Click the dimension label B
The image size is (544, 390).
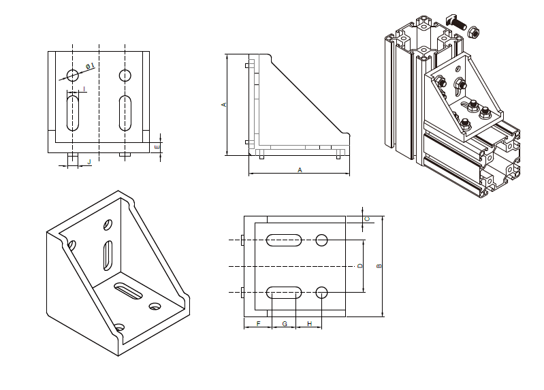pyautogui.click(x=379, y=266)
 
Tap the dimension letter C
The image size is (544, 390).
pyautogui.click(x=368, y=218)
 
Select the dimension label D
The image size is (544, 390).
pyautogui.click(x=360, y=266)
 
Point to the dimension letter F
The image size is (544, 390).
pyautogui.click(x=258, y=323)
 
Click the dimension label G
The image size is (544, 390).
pyautogui.click(x=284, y=323)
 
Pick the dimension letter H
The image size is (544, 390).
pyautogui.click(x=309, y=323)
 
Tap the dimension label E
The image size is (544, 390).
pyautogui.click(x=157, y=146)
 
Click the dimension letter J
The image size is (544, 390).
pyautogui.click(x=89, y=161)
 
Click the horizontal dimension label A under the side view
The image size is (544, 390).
pyautogui.click(x=300, y=170)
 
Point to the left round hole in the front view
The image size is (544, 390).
pyautogui.click(x=73, y=75)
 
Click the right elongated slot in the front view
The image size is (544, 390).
pyautogui.click(x=125, y=113)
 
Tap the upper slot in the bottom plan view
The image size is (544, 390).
pyautogui.click(x=285, y=240)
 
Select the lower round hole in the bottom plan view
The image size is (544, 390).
pyautogui.click(x=322, y=293)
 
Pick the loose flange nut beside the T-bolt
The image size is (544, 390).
pyautogui.click(x=473, y=31)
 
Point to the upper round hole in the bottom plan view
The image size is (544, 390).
pyautogui.click(x=322, y=240)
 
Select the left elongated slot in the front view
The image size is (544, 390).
pyautogui.click(x=73, y=113)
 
